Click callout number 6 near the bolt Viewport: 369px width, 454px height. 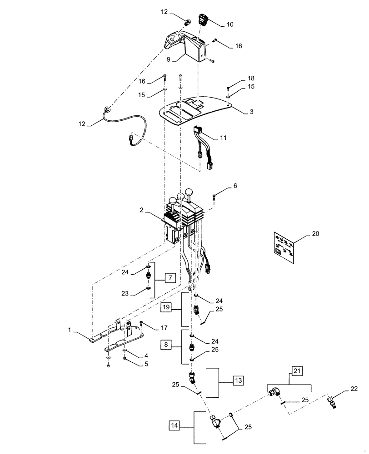click(235, 186)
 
